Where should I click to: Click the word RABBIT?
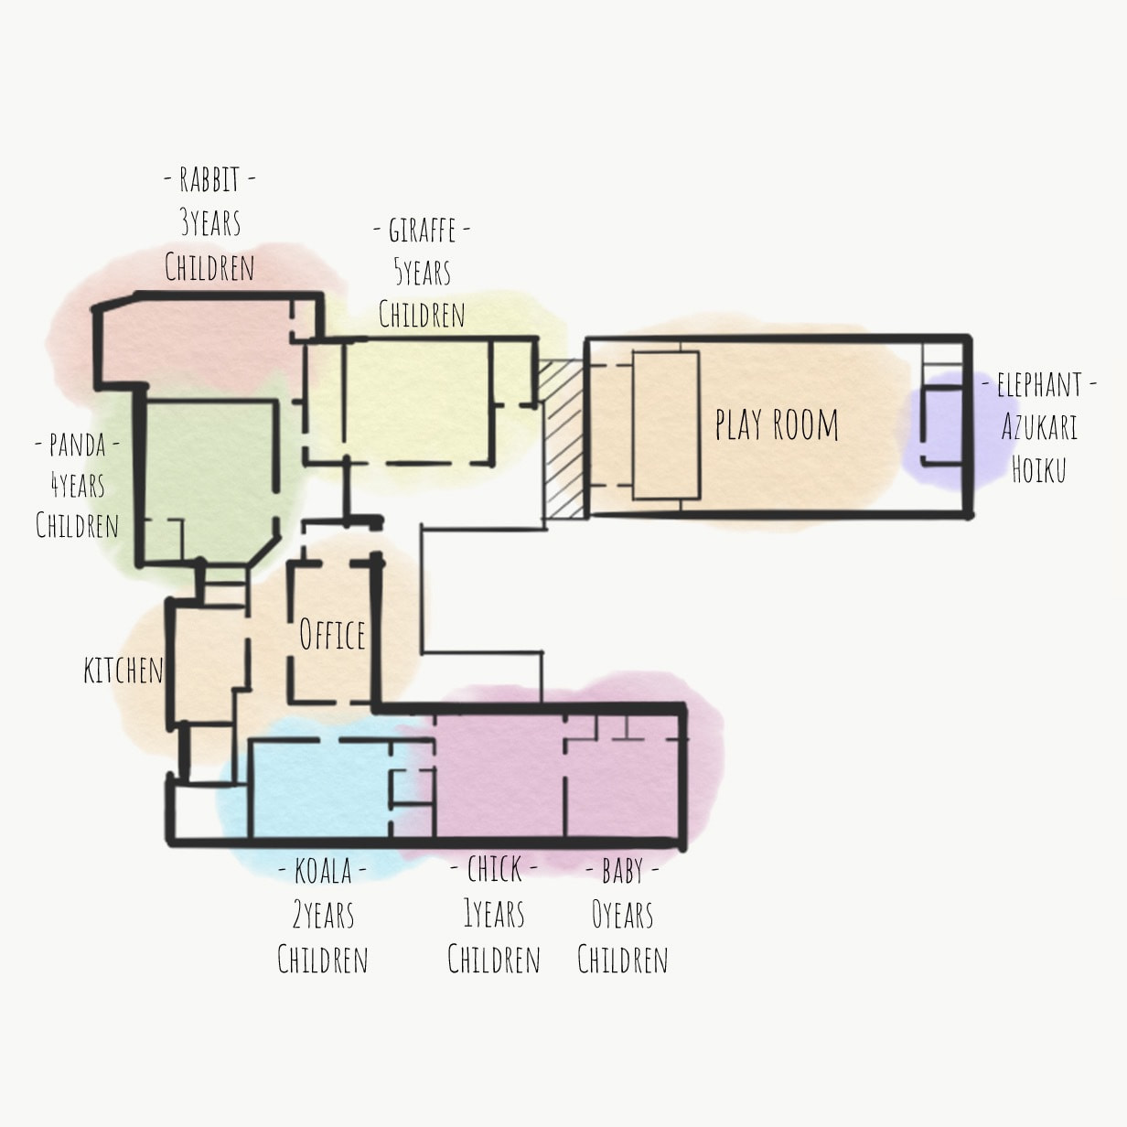[x=209, y=179]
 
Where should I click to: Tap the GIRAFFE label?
[x=422, y=230]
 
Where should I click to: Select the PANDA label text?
[x=77, y=445]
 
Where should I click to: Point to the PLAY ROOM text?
[x=777, y=424]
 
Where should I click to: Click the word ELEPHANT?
[x=1039, y=385]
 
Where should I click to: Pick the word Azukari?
[x=1039, y=427]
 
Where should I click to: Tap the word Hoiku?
[x=1038, y=469]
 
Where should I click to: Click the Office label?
[x=332, y=634]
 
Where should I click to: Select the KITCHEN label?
[x=123, y=671]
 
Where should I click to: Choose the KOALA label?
[x=323, y=871]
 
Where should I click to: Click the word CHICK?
[x=494, y=870]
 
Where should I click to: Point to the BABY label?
[x=622, y=872]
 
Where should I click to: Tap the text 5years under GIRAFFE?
[x=423, y=272]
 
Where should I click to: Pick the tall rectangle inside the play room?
[x=666, y=425]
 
